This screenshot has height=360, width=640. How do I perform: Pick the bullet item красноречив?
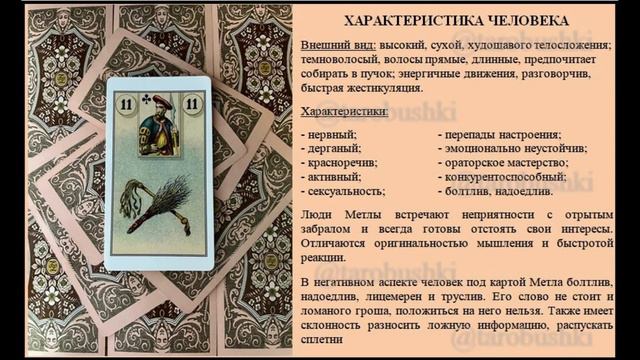tap(342, 162)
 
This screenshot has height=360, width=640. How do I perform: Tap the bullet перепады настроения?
tap(504, 134)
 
